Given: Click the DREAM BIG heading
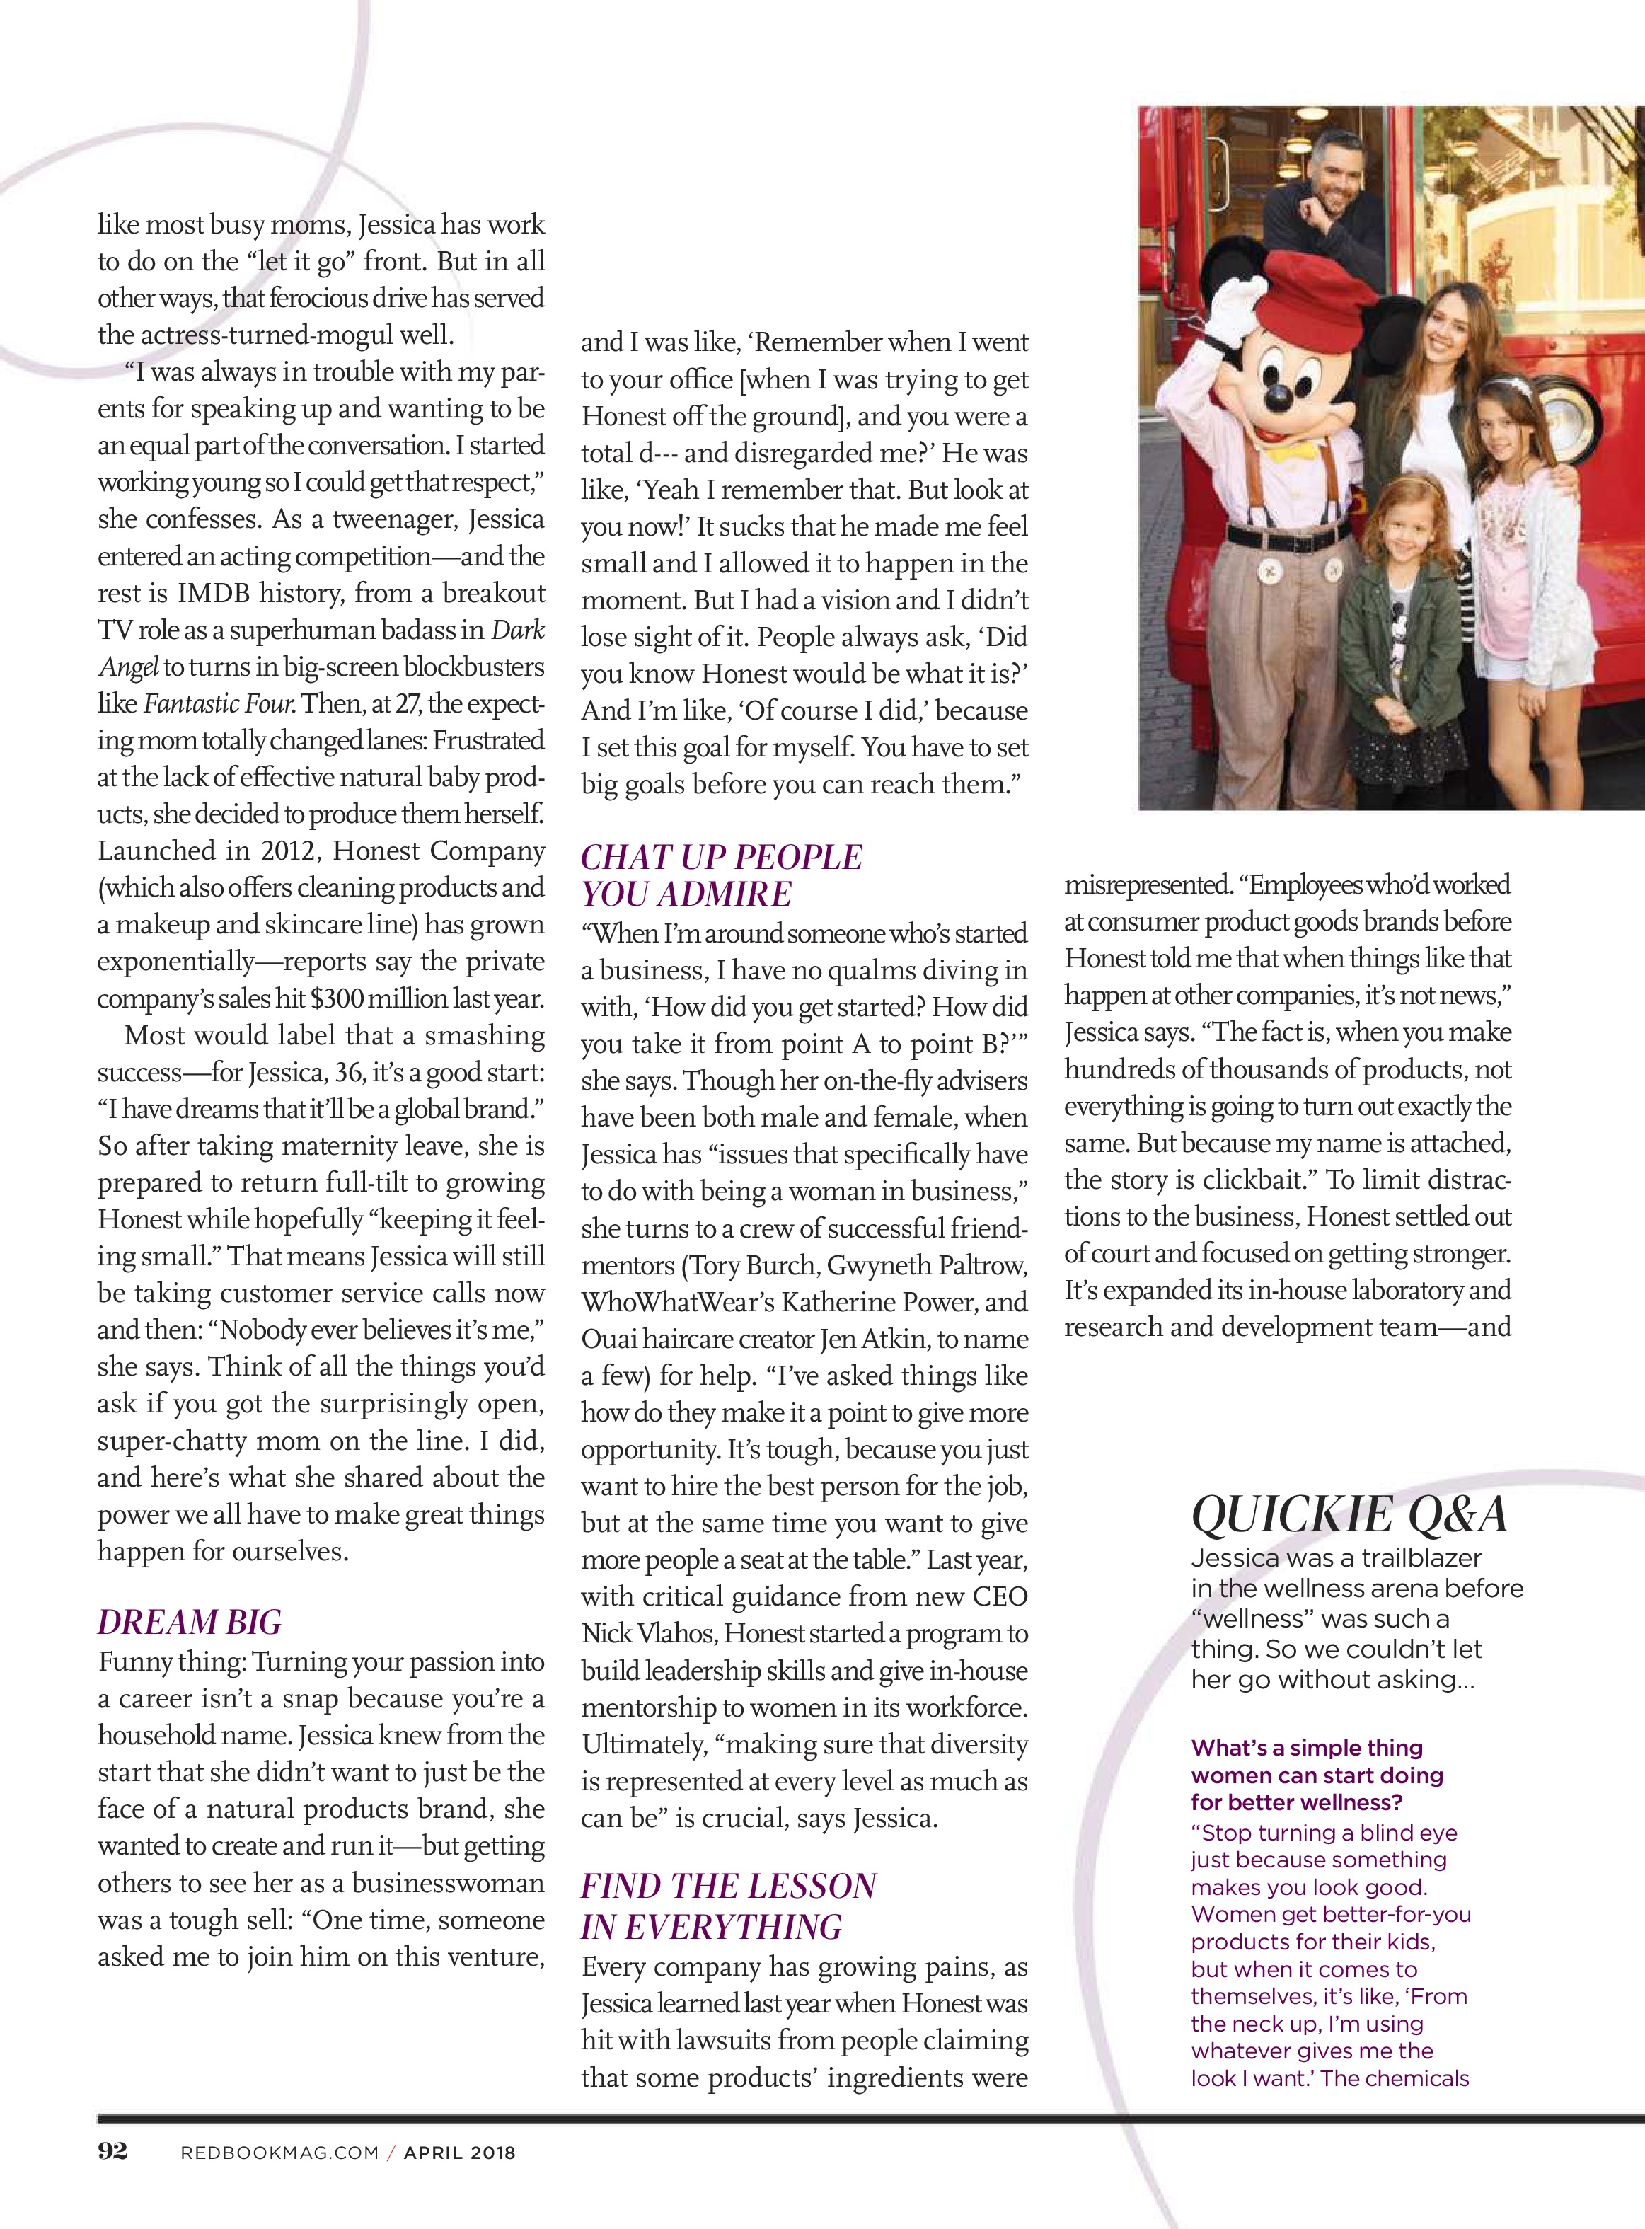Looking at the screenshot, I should coord(189,1623).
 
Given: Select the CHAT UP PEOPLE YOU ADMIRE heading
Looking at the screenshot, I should coord(721,875).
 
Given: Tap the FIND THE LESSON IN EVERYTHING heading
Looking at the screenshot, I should coord(728,1906).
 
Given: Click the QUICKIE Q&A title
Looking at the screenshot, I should coord(1349,1515).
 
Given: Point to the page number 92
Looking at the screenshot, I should coord(112,2150).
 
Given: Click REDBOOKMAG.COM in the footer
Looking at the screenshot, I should coord(279,2153).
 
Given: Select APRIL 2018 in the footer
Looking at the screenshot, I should coord(459,2153).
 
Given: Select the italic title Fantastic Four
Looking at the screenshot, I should coord(219,704).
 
